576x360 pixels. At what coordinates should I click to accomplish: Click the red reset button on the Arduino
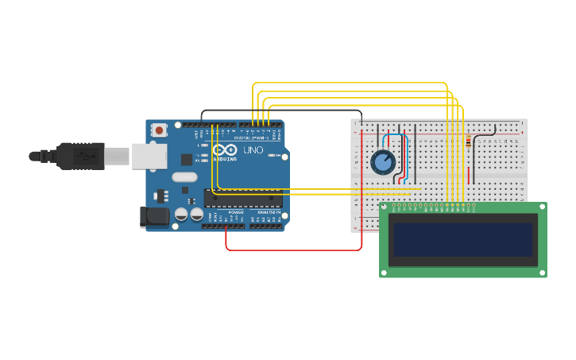coord(160,130)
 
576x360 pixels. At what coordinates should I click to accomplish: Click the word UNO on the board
coord(253,150)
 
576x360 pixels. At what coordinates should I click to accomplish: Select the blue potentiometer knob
coord(383,162)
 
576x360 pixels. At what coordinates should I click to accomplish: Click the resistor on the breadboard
coord(468,143)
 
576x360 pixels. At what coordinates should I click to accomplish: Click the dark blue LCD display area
coord(462,239)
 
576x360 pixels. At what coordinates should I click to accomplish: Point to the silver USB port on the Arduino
coord(149,156)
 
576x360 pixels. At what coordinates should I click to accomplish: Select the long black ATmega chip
coord(243,198)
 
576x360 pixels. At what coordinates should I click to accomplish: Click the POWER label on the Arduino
coord(235,213)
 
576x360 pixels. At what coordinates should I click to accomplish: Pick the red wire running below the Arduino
coord(294,250)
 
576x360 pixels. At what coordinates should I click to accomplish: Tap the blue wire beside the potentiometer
coord(408,155)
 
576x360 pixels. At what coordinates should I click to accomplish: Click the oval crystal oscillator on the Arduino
coord(184,178)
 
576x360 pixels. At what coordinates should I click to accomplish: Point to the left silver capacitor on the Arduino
coord(181,215)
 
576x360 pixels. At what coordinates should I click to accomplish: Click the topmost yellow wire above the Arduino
coord(350,82)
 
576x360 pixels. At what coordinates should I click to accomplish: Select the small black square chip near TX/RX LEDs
coord(186,159)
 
